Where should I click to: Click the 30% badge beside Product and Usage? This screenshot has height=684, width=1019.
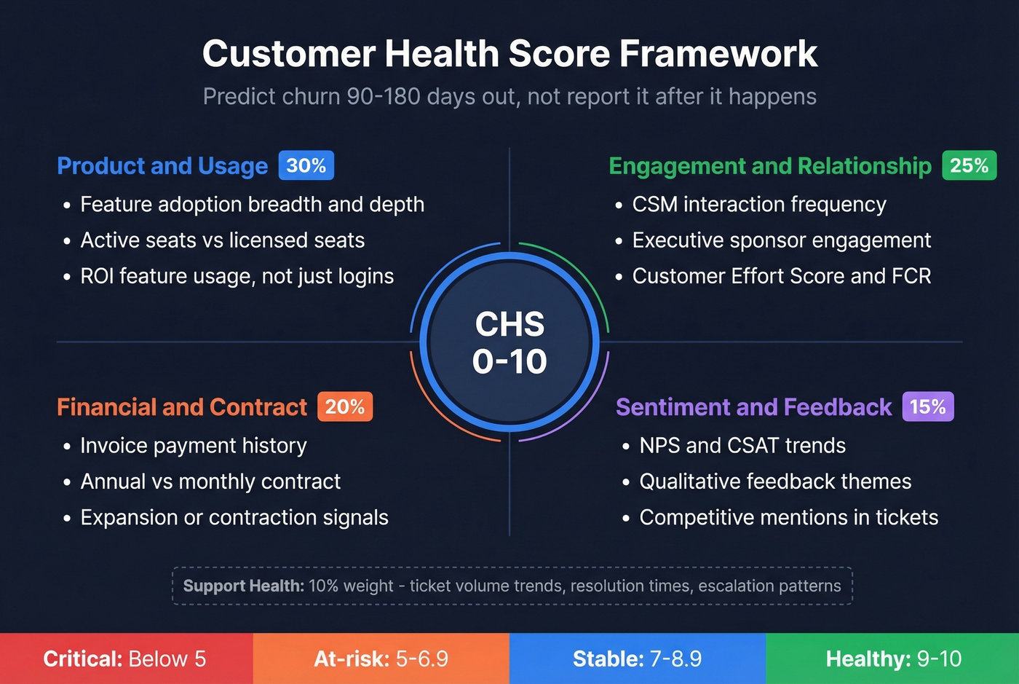click(306, 165)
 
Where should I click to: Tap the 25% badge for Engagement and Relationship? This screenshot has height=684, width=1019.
click(969, 165)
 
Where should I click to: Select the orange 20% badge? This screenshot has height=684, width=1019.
click(344, 406)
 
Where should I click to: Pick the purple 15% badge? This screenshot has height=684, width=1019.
click(927, 406)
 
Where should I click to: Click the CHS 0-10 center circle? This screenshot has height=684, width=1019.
click(509, 342)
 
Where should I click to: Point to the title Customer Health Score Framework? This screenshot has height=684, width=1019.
click(509, 54)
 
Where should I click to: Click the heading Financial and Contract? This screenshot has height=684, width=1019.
click(182, 407)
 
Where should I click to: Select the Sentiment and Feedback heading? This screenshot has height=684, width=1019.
click(753, 407)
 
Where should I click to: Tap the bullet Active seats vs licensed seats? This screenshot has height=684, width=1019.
click(222, 240)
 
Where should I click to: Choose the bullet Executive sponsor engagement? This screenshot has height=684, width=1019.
click(781, 240)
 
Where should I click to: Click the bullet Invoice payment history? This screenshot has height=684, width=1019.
click(193, 446)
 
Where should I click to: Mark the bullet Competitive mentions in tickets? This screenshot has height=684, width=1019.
click(788, 517)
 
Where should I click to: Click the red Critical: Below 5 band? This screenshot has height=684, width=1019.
click(125, 659)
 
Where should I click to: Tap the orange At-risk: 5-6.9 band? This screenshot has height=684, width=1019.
click(381, 659)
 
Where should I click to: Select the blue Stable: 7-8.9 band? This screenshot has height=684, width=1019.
click(637, 659)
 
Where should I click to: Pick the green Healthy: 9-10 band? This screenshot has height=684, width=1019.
click(893, 659)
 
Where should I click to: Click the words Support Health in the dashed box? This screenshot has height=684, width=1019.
click(243, 586)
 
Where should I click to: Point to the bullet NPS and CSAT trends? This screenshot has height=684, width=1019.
click(742, 446)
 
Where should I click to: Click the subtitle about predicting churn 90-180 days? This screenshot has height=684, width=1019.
click(509, 96)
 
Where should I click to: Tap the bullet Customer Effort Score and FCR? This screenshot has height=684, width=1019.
click(781, 276)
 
